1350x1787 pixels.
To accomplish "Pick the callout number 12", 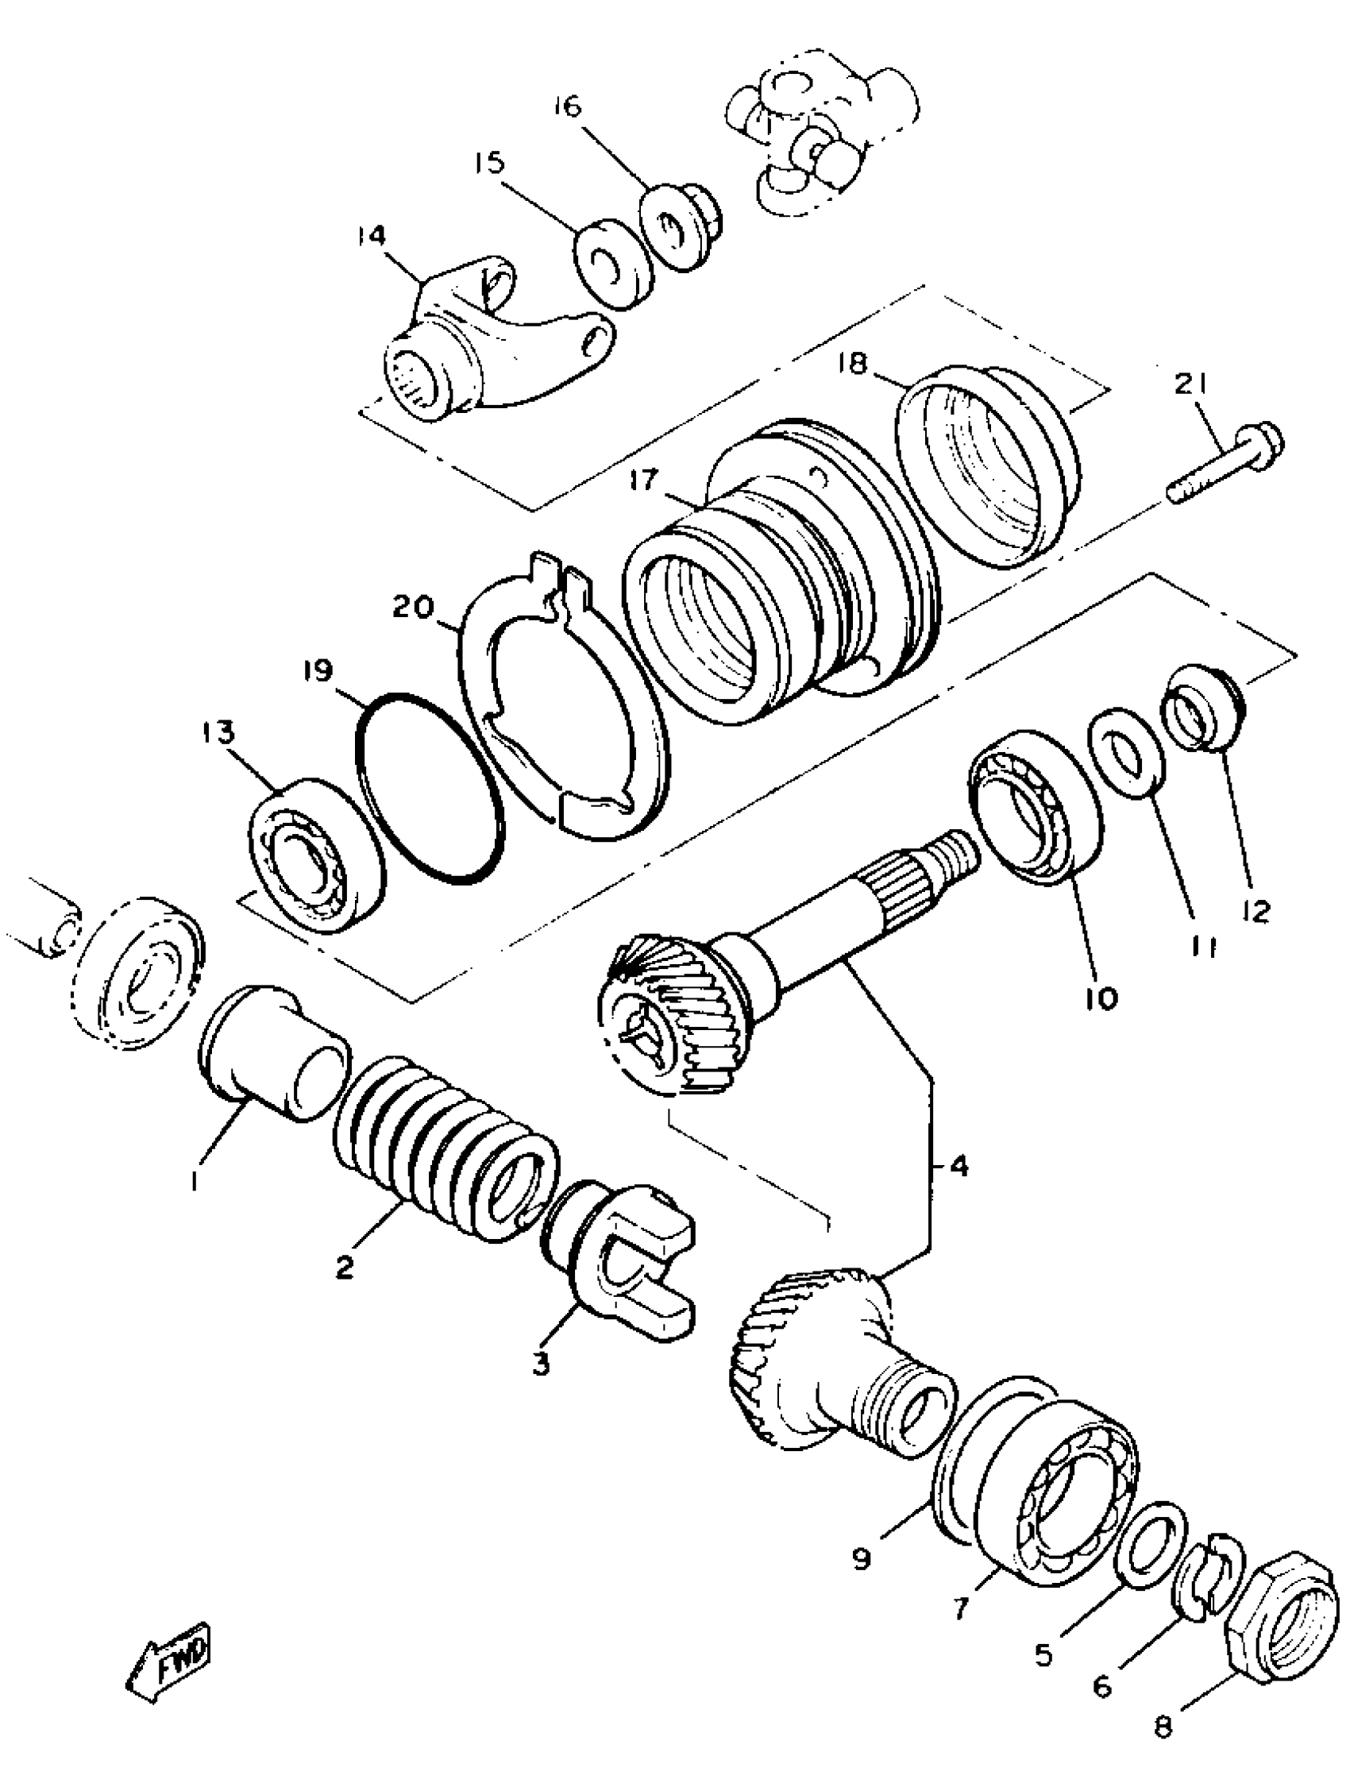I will [x=1256, y=910].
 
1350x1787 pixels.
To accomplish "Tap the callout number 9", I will [x=862, y=1558].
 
